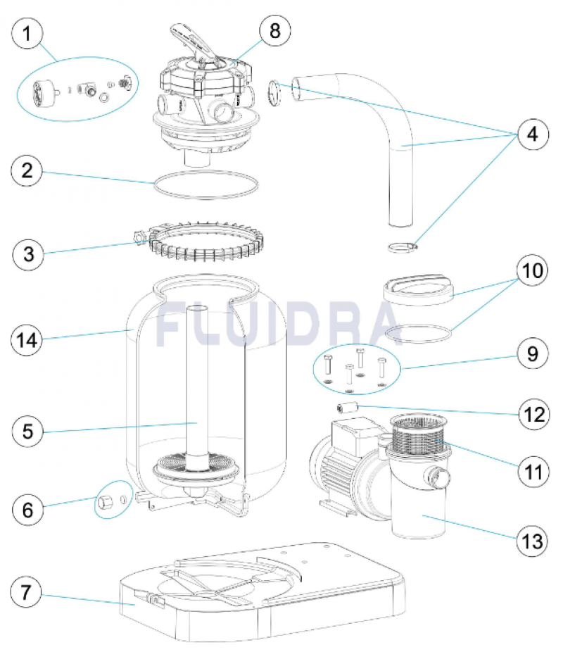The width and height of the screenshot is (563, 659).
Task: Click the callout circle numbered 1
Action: click(29, 34)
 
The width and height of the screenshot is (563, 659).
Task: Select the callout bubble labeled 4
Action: click(531, 133)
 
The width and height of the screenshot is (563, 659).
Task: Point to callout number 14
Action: click(29, 340)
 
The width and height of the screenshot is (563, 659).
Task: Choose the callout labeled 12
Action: click(531, 415)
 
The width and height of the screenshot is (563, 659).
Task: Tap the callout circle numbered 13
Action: click(531, 541)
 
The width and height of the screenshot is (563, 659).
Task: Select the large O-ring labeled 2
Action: click(205, 187)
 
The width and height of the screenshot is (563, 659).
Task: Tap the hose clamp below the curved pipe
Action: click(401, 246)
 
